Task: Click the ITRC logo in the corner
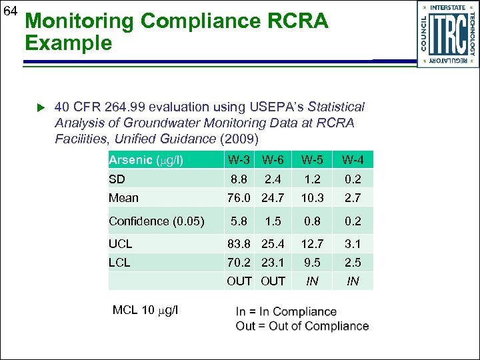[447, 34]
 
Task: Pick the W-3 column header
[239, 160]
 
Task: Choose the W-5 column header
[311, 160]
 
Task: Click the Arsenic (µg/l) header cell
[146, 160]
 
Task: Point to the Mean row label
[123, 197]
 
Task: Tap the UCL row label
[121, 244]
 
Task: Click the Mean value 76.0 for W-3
[239, 197]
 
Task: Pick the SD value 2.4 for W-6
[273, 179]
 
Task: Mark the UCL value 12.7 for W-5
[311, 244]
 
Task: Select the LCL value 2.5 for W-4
[353, 263]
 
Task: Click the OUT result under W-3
[239, 281]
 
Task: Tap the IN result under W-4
[353, 281]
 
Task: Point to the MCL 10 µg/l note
[145, 310]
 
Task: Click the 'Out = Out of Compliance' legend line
[302, 326]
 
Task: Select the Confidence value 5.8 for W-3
[239, 221]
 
